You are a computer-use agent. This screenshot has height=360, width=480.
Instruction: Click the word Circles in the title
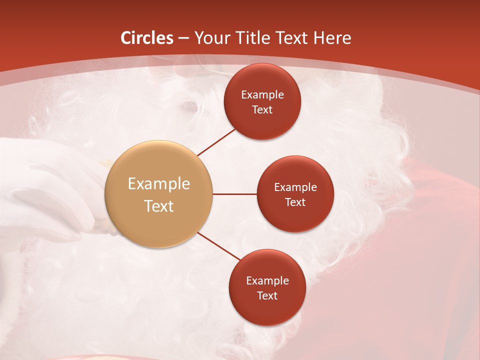tap(146, 38)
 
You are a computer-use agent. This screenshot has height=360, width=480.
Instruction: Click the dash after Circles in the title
tap(183, 38)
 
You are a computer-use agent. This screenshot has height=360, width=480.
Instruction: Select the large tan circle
tap(159, 194)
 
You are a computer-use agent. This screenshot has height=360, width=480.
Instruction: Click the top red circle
tap(262, 101)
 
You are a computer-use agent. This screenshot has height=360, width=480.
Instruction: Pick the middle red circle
tap(295, 194)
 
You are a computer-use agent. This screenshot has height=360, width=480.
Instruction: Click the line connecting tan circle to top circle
tap(216, 142)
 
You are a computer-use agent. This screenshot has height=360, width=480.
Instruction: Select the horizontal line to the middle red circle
tap(234, 194)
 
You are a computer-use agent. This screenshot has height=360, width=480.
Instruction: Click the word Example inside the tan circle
tap(159, 184)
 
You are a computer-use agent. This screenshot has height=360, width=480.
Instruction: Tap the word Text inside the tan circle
tap(159, 206)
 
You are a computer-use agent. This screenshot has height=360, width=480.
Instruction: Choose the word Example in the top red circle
tap(262, 94)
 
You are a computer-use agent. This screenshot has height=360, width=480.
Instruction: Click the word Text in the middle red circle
tap(295, 202)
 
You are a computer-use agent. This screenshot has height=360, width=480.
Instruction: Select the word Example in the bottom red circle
tap(267, 280)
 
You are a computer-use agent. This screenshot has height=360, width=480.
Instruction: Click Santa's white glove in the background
tap(45, 190)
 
